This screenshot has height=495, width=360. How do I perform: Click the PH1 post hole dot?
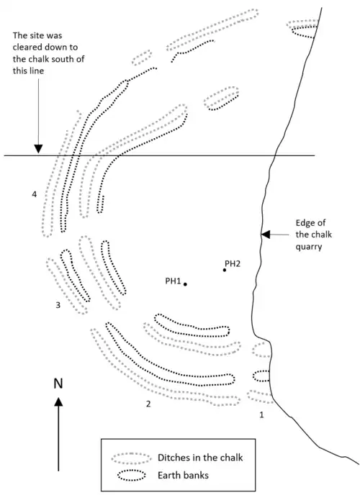(185, 284)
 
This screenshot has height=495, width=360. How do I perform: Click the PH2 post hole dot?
(225, 270)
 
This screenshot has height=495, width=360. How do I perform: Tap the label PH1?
(172, 281)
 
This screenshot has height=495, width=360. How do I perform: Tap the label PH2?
(233, 263)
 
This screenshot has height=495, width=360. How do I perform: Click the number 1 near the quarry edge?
(262, 414)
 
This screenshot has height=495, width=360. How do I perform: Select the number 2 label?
(148, 403)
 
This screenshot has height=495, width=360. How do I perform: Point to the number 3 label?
(57, 306)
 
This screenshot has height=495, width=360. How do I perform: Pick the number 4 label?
(34, 194)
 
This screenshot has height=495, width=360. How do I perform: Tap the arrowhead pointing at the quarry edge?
(265, 234)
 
